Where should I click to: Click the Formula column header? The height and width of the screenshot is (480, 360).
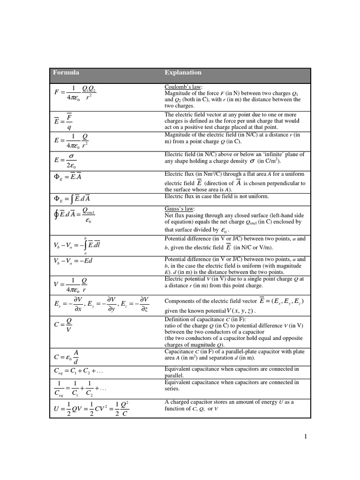coord(66,73)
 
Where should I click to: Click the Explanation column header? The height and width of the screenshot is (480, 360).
coord(183,73)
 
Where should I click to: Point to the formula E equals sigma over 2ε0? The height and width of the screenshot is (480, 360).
coord(66,160)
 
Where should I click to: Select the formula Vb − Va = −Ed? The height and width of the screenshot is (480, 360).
coord(73,261)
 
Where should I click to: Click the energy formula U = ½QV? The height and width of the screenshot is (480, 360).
coord(92,408)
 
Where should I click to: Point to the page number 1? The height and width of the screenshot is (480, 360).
coord(306,437)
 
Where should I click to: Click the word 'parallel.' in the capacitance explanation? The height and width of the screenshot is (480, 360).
coord(174,375)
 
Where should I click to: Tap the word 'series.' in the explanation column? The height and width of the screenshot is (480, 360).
coord(172,389)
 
